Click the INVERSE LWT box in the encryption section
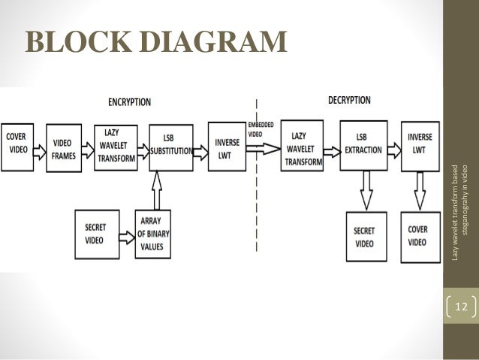tap(226, 145)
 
